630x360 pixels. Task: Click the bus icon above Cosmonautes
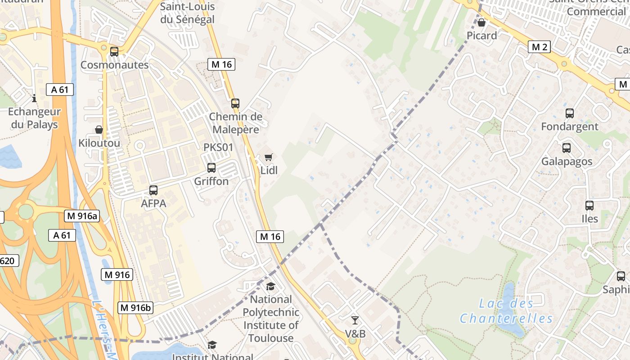114,52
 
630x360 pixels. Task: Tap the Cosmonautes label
114,65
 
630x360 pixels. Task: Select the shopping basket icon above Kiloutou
99,130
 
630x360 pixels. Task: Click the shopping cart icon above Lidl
269,157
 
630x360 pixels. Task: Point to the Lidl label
269,171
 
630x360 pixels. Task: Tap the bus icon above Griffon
211,168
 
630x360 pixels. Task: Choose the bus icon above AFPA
153,190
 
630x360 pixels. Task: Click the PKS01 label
219,148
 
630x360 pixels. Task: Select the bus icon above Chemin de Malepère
235,103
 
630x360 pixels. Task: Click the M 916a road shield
81,216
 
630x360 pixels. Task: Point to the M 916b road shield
135,308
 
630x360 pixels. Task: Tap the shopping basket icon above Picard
481,22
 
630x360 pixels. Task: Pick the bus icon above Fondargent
570,113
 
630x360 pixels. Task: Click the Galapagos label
567,161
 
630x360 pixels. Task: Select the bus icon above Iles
589,206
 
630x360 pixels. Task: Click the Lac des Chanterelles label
506,311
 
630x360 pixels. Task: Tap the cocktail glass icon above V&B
355,320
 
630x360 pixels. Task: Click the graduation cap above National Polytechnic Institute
270,286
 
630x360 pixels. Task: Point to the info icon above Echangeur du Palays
34,98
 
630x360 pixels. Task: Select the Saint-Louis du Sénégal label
187,13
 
